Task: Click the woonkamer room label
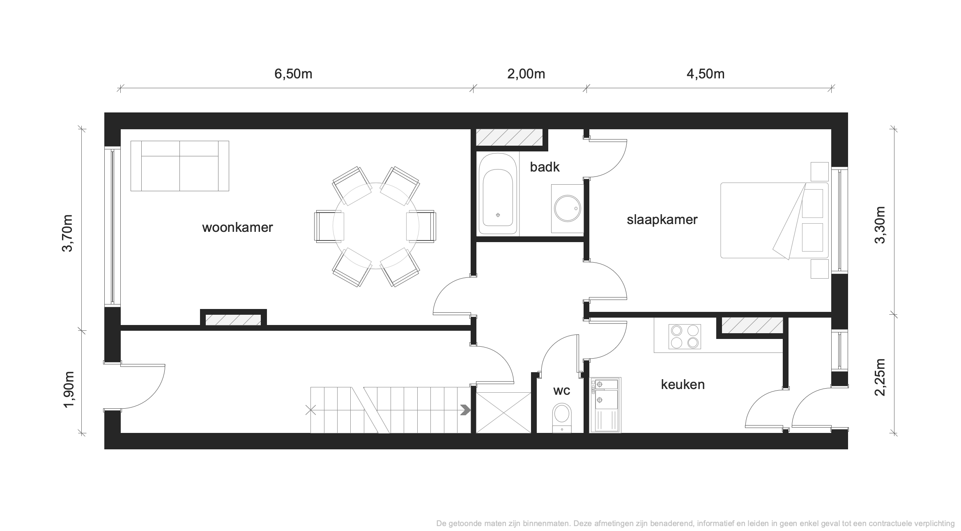coord(237,227)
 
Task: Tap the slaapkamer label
coord(662,220)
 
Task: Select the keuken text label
coord(683,385)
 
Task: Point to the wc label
coord(561,391)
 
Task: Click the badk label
coord(545,167)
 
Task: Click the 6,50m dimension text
coord(293,74)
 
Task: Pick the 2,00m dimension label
coord(526,74)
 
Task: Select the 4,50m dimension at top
coord(706,74)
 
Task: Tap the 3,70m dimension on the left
coord(67,233)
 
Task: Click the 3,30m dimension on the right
coord(880,224)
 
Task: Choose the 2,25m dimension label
coord(880,377)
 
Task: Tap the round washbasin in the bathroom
coord(567,208)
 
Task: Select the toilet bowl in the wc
coord(561,418)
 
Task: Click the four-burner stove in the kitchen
coord(685,336)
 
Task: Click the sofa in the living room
coord(180,166)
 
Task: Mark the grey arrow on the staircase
coord(465,410)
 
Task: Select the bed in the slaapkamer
coord(775,220)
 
